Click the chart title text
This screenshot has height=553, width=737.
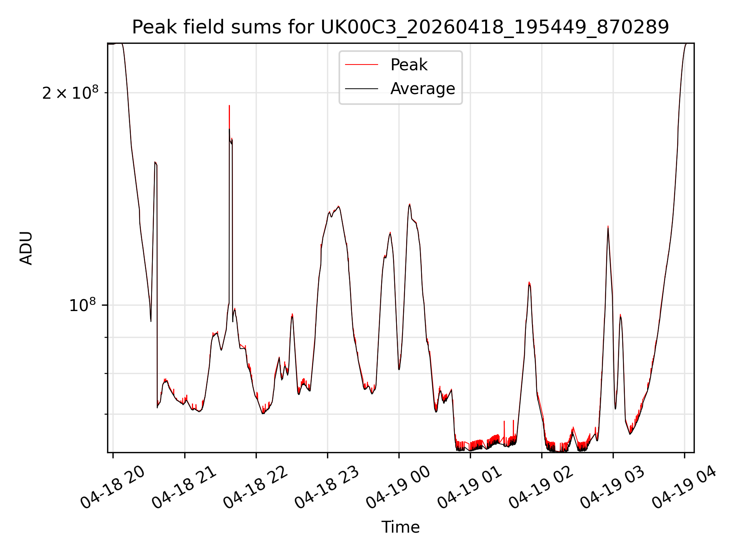tap(400, 27)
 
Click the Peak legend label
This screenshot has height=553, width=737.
tap(409, 65)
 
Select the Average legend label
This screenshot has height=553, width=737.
tap(423, 89)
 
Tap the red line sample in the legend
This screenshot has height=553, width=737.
tap(362, 65)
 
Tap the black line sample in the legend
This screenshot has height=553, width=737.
tap(362, 89)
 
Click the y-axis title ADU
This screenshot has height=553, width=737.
tap(26, 248)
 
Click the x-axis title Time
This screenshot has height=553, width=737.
tap(400, 527)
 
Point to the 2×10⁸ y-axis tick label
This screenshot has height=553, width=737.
tap(70, 93)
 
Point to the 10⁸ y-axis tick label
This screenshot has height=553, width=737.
tap(83, 305)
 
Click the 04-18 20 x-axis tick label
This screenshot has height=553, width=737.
tap(112, 488)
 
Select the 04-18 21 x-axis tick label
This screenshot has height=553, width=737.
tap(184, 488)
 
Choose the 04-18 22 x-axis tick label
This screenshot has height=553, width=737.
tap(255, 488)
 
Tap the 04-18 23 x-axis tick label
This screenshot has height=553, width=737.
tap(327, 488)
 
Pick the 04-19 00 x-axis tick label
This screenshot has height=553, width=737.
tap(398, 488)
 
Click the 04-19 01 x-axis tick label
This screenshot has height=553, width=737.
tap(469, 488)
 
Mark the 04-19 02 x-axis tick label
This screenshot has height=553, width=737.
tap(541, 488)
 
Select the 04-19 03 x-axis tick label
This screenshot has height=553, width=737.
tap(612, 488)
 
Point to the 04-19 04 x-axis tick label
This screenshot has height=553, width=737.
tap(684, 488)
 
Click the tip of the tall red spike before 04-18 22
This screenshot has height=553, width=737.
tap(229, 105)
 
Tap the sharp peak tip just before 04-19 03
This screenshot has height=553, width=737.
tap(608, 226)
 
